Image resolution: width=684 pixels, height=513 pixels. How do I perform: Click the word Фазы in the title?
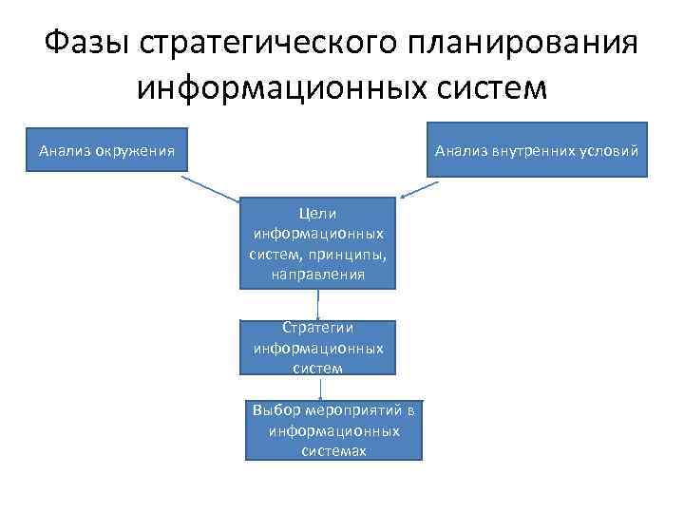tap(86, 42)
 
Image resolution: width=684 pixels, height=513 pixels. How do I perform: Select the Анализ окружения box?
tap(105, 150)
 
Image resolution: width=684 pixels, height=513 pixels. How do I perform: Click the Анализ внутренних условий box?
tap(537, 150)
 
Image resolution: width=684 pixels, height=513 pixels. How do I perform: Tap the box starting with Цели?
tap(317, 242)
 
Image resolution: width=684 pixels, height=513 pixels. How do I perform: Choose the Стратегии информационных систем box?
tap(317, 347)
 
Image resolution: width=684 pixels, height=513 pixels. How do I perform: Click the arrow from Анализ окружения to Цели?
tap(211, 188)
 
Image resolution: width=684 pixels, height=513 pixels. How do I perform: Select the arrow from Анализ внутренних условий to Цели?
tap(419, 187)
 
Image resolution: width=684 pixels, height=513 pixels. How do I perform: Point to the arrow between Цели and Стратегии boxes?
tap(317, 304)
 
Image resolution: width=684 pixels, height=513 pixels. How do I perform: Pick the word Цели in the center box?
tap(317, 214)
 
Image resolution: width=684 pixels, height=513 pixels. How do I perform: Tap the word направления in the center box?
tap(317, 274)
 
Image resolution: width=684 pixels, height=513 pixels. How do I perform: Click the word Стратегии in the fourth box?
tap(317, 328)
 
